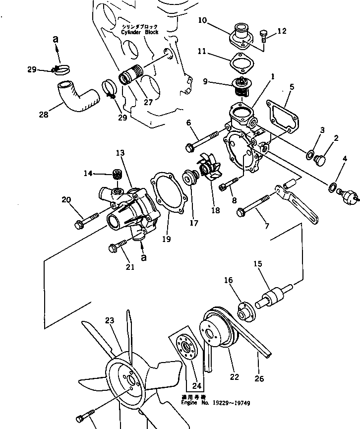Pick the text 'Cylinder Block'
click(x=139, y=32)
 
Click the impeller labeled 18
click(x=211, y=169)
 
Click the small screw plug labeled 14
click(x=117, y=174)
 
